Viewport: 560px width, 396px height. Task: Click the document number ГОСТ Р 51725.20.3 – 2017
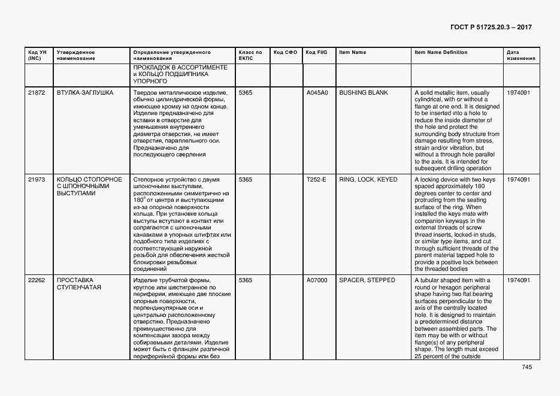[x=490, y=28]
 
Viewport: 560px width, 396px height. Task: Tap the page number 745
[x=526, y=367]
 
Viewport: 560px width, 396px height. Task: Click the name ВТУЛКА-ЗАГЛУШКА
[x=85, y=93]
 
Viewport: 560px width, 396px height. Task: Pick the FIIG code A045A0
[x=317, y=93]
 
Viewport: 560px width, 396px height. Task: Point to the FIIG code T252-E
[x=316, y=180]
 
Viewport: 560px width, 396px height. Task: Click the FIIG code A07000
[x=317, y=280]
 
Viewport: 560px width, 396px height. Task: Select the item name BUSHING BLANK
[x=363, y=93]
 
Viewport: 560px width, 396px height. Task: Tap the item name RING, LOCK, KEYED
[x=368, y=180]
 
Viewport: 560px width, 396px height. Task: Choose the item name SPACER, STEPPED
[x=367, y=280]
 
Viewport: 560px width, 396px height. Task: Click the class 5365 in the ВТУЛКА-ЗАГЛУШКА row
[x=246, y=93]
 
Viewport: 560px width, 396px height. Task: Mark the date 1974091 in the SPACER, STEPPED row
[x=518, y=280]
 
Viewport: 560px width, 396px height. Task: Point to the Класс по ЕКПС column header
[x=250, y=56]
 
